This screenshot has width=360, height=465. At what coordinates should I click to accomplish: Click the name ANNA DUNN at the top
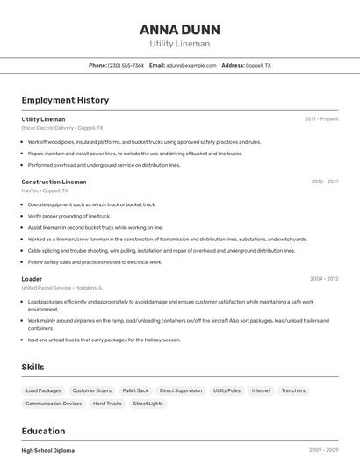tap(180, 29)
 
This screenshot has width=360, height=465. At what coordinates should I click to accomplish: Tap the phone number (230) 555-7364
tap(126, 65)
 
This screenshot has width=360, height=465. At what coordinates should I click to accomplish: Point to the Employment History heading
tap(65, 100)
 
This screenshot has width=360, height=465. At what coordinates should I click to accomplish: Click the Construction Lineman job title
tap(54, 182)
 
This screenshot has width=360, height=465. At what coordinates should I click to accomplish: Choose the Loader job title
tap(32, 279)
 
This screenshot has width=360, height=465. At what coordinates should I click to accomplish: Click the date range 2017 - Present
tap(321, 118)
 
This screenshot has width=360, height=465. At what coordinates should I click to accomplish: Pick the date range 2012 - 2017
tap(324, 182)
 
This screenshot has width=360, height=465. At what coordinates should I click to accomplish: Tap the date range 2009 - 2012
tap(324, 279)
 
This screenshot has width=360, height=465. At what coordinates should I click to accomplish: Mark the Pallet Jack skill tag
tap(135, 390)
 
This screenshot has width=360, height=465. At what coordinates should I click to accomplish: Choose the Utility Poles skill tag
tap(227, 390)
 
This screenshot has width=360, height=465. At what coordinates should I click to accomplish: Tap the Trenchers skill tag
tap(293, 390)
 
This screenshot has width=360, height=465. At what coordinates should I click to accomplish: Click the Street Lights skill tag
tap(148, 404)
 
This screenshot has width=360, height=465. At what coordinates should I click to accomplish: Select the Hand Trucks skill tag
tap(107, 404)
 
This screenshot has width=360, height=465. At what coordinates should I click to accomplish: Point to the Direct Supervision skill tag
tap(181, 390)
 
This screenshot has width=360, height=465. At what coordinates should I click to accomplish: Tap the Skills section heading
tap(32, 367)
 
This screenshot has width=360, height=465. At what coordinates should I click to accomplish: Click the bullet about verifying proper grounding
tap(69, 216)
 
